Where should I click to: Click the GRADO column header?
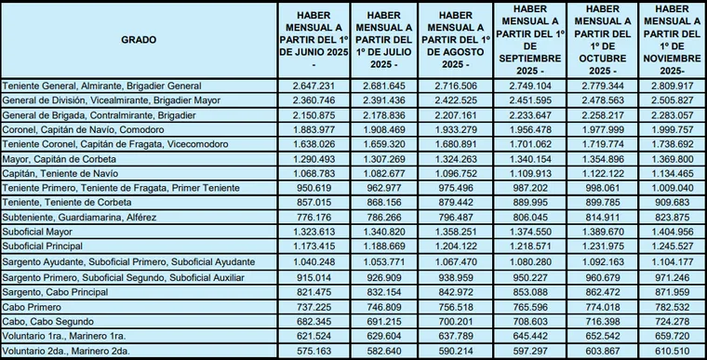tap(139, 40)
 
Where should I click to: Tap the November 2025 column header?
tap(669, 41)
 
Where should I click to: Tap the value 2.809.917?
tap(669, 86)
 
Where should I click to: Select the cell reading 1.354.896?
tap(597, 159)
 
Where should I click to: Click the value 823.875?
tap(669, 218)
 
